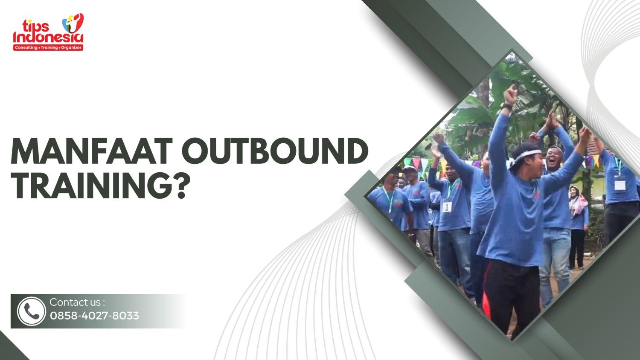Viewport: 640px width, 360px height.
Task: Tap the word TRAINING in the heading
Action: pyautogui.click(x=88, y=186)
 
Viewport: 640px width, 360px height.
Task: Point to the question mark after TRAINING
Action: pyautogui.click(x=180, y=186)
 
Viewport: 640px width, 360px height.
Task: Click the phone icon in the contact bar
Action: pyautogui.click(x=31, y=311)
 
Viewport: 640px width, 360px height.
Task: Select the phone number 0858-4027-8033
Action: pyautogui.click(x=94, y=316)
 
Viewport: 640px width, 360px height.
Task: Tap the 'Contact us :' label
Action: pyautogui.click(x=77, y=302)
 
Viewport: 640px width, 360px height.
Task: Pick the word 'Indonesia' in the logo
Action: pyautogui.click(x=48, y=38)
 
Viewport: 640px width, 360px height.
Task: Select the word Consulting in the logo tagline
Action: pyautogui.click(x=26, y=48)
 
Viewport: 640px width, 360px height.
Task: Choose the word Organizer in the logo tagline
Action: pyautogui.click(x=71, y=48)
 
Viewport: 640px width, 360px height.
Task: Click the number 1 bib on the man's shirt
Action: pyautogui.click(x=447, y=207)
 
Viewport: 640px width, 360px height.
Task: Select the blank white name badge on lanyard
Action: pyautogui.click(x=620, y=184)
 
